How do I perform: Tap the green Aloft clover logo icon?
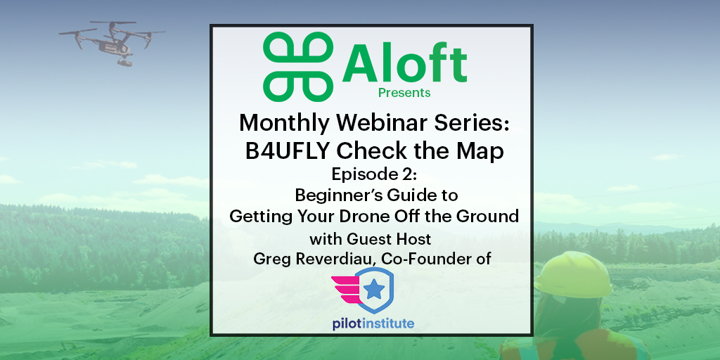point(297,65)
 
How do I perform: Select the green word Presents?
point(404,92)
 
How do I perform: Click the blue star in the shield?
point(375,290)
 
